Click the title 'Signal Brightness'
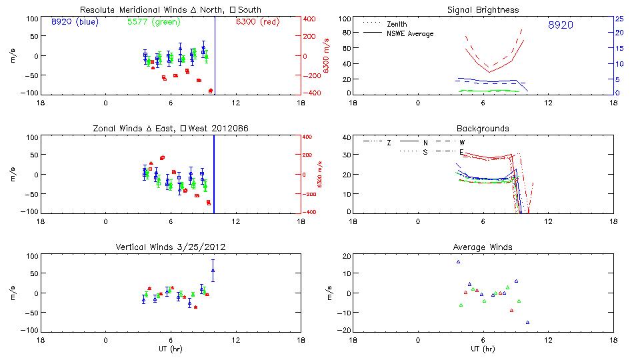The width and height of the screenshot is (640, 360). [483, 10]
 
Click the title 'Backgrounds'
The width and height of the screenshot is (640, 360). [483, 128]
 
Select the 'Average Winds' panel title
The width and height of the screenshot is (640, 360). [483, 247]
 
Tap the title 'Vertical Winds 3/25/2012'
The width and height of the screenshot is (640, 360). [171, 247]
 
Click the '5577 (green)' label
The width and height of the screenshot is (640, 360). [151, 22]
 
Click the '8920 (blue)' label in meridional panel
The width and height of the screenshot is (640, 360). [74, 22]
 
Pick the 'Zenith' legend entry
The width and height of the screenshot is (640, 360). [397, 24]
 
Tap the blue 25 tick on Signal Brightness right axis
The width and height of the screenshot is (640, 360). [619, 19]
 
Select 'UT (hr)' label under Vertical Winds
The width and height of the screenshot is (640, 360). [171, 349]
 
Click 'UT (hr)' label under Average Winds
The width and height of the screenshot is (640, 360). [483, 349]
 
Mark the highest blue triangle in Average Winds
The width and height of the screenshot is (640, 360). [459, 261]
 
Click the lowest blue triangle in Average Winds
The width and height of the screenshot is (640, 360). [527, 322]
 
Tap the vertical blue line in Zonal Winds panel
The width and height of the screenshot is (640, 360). [213, 173]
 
